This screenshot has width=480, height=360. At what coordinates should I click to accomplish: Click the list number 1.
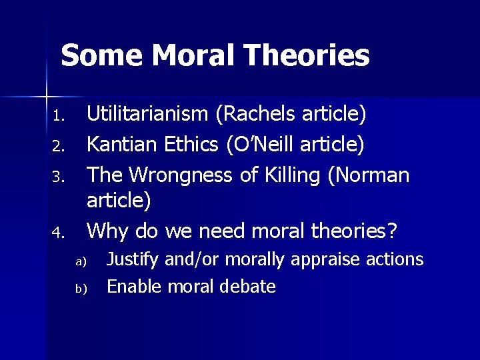point(57,117)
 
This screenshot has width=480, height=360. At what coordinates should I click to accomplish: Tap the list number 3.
point(57,177)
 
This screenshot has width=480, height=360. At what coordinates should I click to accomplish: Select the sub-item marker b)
point(80,289)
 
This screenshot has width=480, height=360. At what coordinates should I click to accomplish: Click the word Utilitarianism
point(147,115)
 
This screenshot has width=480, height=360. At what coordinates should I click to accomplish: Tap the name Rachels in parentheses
point(259,115)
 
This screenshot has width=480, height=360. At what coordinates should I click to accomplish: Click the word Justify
point(133,259)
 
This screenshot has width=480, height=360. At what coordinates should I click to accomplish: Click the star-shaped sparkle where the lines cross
point(47,89)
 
